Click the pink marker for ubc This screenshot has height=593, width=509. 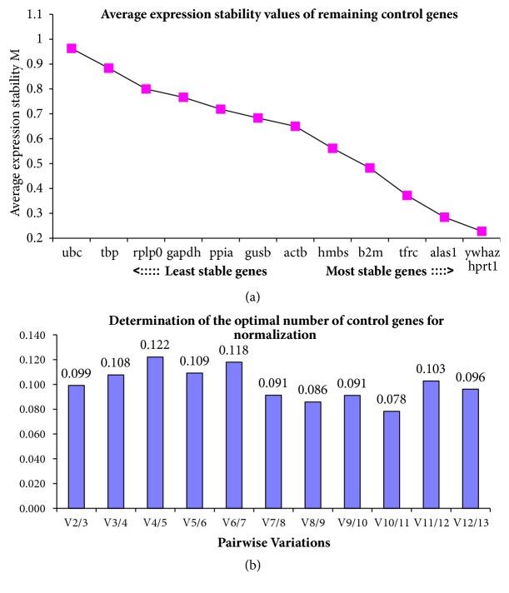pos(72,48)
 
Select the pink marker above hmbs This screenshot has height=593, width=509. pos(332,148)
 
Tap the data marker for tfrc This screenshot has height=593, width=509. pos(407,195)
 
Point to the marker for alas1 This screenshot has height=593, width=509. pos(445,217)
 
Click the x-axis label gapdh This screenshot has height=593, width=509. pos(183,250)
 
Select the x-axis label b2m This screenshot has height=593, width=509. pos(370,250)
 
